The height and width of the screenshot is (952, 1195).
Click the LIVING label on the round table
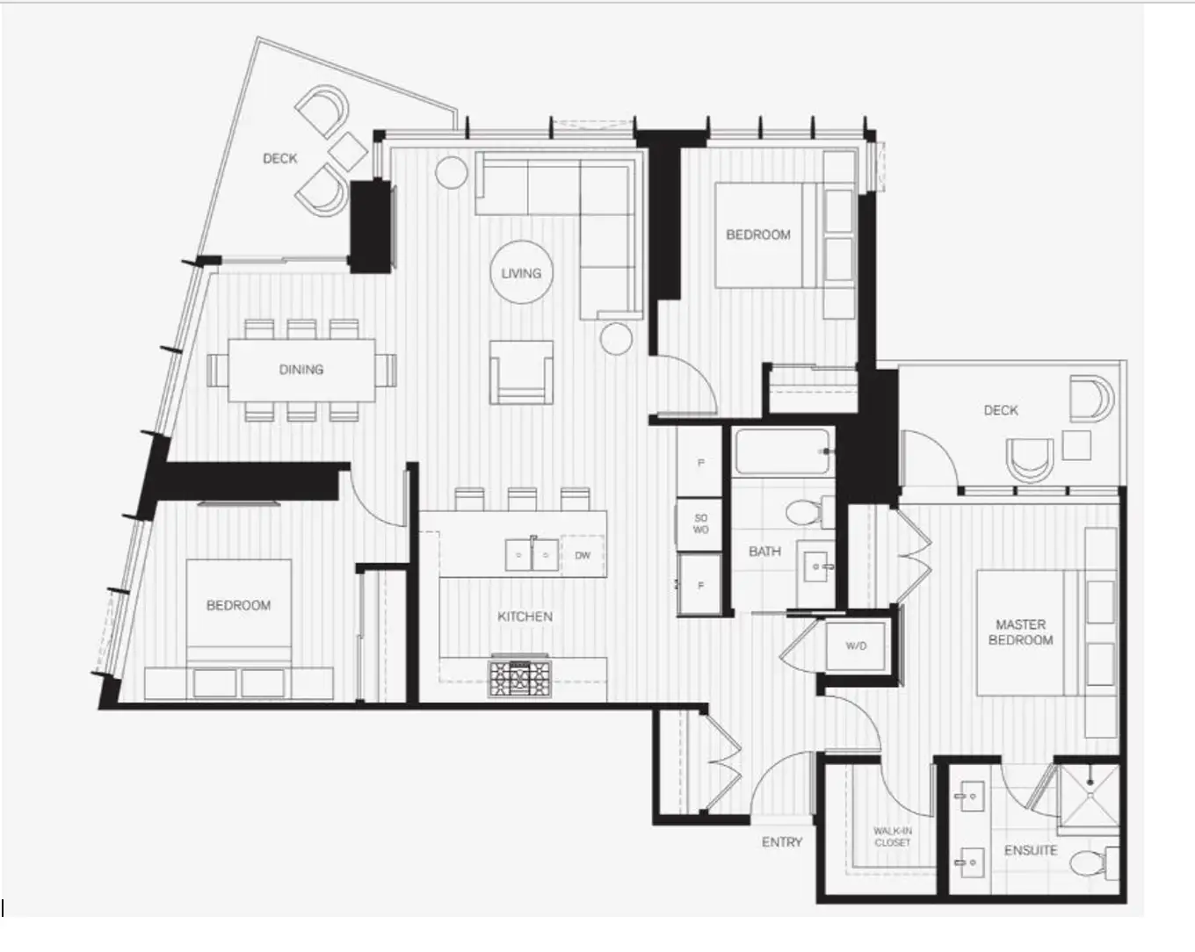click(521, 273)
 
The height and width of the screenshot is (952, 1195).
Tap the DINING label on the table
click(301, 369)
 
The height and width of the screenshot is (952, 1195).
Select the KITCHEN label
click(525, 617)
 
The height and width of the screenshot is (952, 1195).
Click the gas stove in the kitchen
click(520, 678)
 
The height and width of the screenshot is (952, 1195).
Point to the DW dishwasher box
click(583, 555)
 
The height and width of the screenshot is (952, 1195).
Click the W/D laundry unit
click(856, 646)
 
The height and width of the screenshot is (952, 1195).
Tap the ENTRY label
click(782, 842)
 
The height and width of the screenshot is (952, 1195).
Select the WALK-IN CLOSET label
click(893, 837)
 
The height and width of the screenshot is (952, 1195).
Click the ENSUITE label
click(1031, 850)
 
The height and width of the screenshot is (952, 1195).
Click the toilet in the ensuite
click(1093, 863)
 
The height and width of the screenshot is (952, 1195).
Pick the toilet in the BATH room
click(810, 512)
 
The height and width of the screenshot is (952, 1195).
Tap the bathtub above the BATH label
click(782, 452)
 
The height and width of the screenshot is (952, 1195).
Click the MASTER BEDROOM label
click(1021, 632)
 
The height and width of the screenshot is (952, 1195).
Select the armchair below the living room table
click(521, 371)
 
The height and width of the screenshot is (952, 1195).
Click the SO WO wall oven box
click(700, 523)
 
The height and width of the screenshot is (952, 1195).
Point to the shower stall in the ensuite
click(1089, 796)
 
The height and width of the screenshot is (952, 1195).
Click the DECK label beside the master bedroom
click(1001, 410)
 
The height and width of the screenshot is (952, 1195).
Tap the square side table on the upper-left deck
click(348, 151)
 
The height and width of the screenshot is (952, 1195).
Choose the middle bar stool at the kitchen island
click(522, 499)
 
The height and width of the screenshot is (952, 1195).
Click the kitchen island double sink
click(532, 554)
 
